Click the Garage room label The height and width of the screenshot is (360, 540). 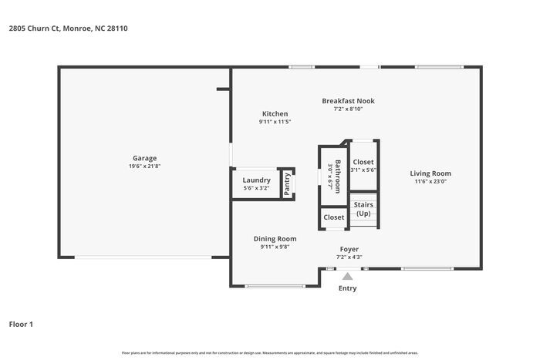coord(144,157)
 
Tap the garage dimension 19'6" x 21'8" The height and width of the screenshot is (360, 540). coord(144,167)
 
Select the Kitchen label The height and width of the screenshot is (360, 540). coord(275,113)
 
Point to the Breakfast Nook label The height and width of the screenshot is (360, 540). coord(348,100)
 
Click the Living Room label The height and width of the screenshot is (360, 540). coord(430,173)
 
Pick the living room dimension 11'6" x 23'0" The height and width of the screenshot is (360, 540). coord(430,182)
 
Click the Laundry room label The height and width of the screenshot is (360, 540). coord(256,180)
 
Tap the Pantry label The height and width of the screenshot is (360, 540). coord(287,183)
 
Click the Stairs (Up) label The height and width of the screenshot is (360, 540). coord(363,208)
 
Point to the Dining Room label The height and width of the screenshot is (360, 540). coord(275,238)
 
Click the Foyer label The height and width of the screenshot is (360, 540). coord(349,249)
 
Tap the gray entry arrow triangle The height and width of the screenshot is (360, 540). coord(348,276)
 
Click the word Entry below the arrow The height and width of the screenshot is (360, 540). coord(347,288)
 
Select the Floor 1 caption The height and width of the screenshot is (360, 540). coord(22,324)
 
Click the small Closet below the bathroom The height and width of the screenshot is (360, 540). coord(334,217)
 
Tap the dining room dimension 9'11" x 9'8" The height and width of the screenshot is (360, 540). coord(275,247)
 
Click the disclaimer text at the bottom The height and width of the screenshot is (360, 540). coord(270,352)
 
